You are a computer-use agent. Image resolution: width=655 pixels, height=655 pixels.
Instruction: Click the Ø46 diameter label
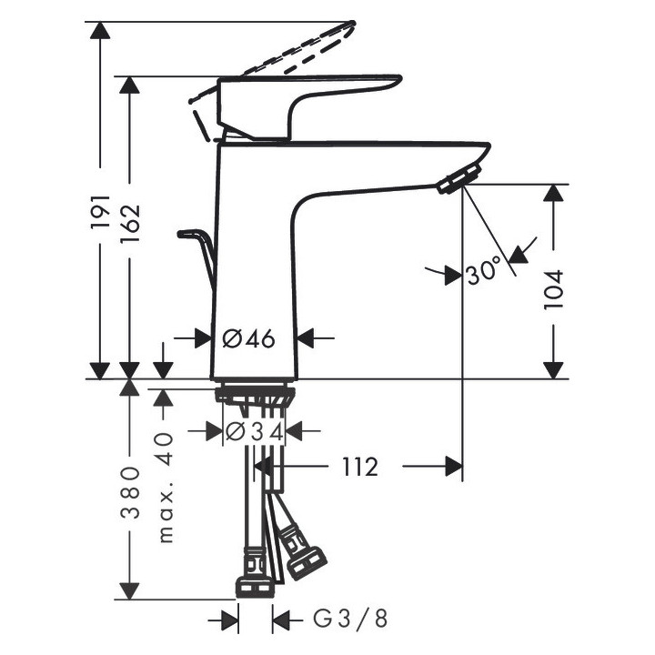(x=248, y=338)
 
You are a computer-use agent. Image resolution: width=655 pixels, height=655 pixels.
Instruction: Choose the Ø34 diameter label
(x=254, y=431)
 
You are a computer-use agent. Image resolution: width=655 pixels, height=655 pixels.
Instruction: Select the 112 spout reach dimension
(x=360, y=468)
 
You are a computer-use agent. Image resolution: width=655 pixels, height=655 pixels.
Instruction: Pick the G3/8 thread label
(x=350, y=620)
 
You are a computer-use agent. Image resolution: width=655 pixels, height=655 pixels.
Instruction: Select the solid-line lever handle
(x=300, y=100)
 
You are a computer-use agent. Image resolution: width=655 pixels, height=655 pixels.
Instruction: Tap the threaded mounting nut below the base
(x=256, y=397)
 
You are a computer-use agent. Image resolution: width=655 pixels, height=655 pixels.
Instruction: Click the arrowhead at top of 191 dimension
(x=100, y=29)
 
